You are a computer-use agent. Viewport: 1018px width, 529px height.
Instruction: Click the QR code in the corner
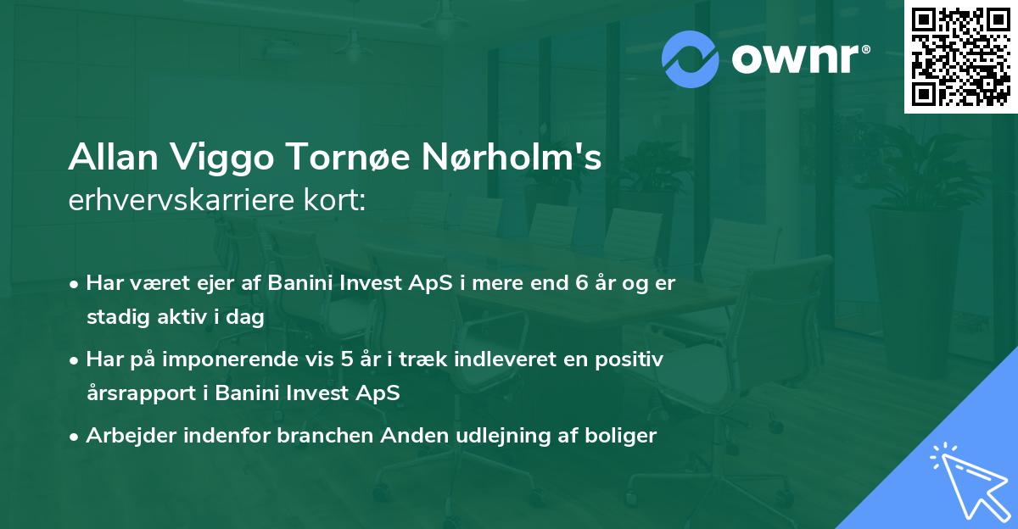[x=960, y=57]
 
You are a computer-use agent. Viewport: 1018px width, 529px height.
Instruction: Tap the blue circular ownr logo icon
[x=691, y=58]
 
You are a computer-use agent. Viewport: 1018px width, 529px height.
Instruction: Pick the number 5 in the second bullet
[x=346, y=359]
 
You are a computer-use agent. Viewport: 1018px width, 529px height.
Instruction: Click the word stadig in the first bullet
[x=113, y=317]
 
